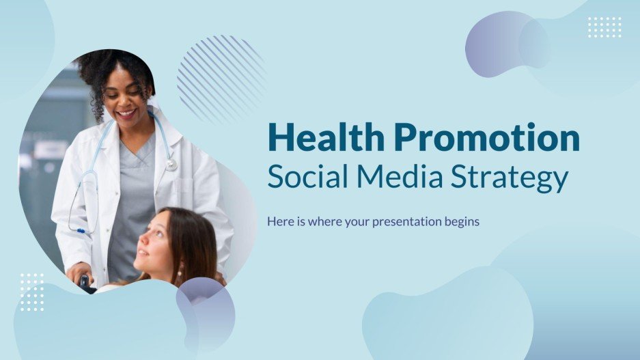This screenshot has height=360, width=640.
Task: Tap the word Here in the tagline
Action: pyautogui.click(x=279, y=221)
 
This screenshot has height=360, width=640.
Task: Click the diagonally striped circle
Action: pyautogui.click(x=220, y=79)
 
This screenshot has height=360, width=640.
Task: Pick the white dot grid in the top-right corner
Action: pyautogui.click(x=604, y=27)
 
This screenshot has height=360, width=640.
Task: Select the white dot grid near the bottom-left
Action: pyautogui.click(x=31, y=292)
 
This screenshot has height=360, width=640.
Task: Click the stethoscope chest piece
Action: pyautogui.click(x=171, y=164)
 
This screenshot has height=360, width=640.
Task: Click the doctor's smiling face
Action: pyautogui.click(x=130, y=102)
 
